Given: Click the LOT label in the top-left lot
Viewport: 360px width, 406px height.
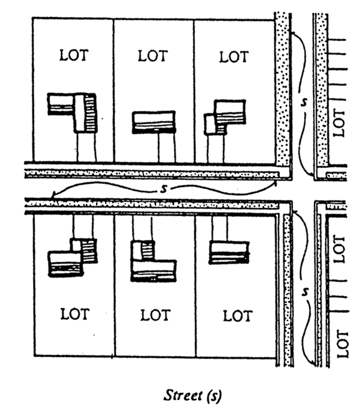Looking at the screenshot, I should [x=74, y=55].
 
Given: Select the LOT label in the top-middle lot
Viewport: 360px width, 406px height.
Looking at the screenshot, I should [x=153, y=55].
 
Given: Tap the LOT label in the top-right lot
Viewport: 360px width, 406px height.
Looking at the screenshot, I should [x=234, y=57].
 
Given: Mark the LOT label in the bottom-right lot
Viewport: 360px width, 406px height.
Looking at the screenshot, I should [x=237, y=315].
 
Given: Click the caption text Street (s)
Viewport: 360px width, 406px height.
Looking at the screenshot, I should [x=193, y=395].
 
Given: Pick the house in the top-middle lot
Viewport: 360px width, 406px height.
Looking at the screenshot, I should [x=154, y=121].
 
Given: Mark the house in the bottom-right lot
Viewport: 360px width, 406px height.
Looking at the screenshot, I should [x=230, y=252].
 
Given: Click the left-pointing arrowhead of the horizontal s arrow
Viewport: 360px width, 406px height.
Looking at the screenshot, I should [x=53, y=194].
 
